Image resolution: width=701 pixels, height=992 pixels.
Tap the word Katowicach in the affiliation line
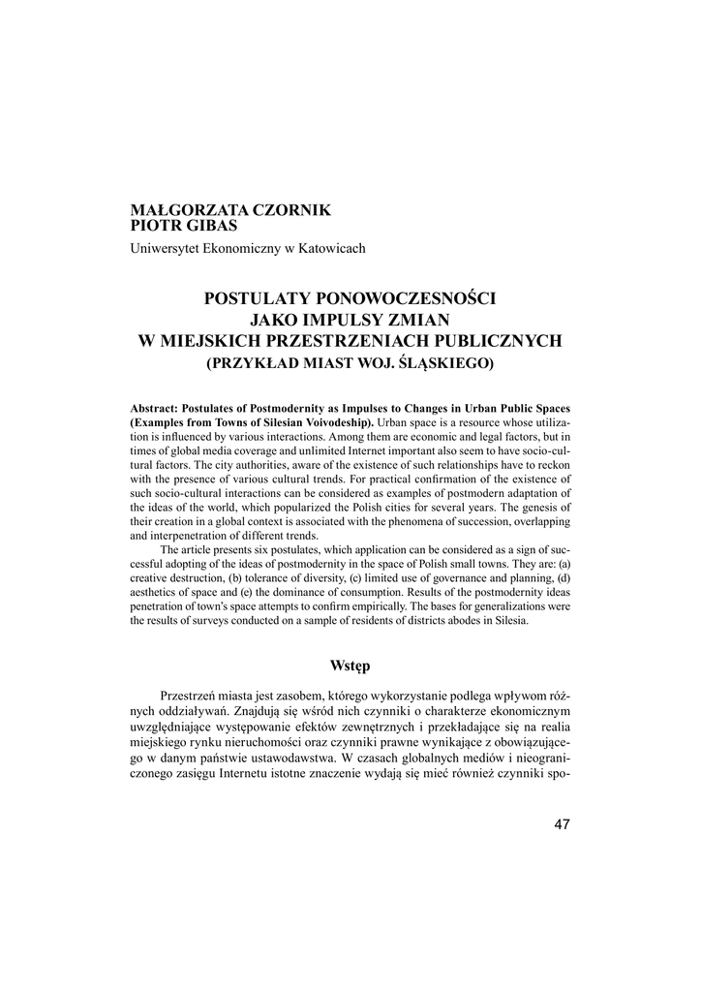[x=332, y=250]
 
